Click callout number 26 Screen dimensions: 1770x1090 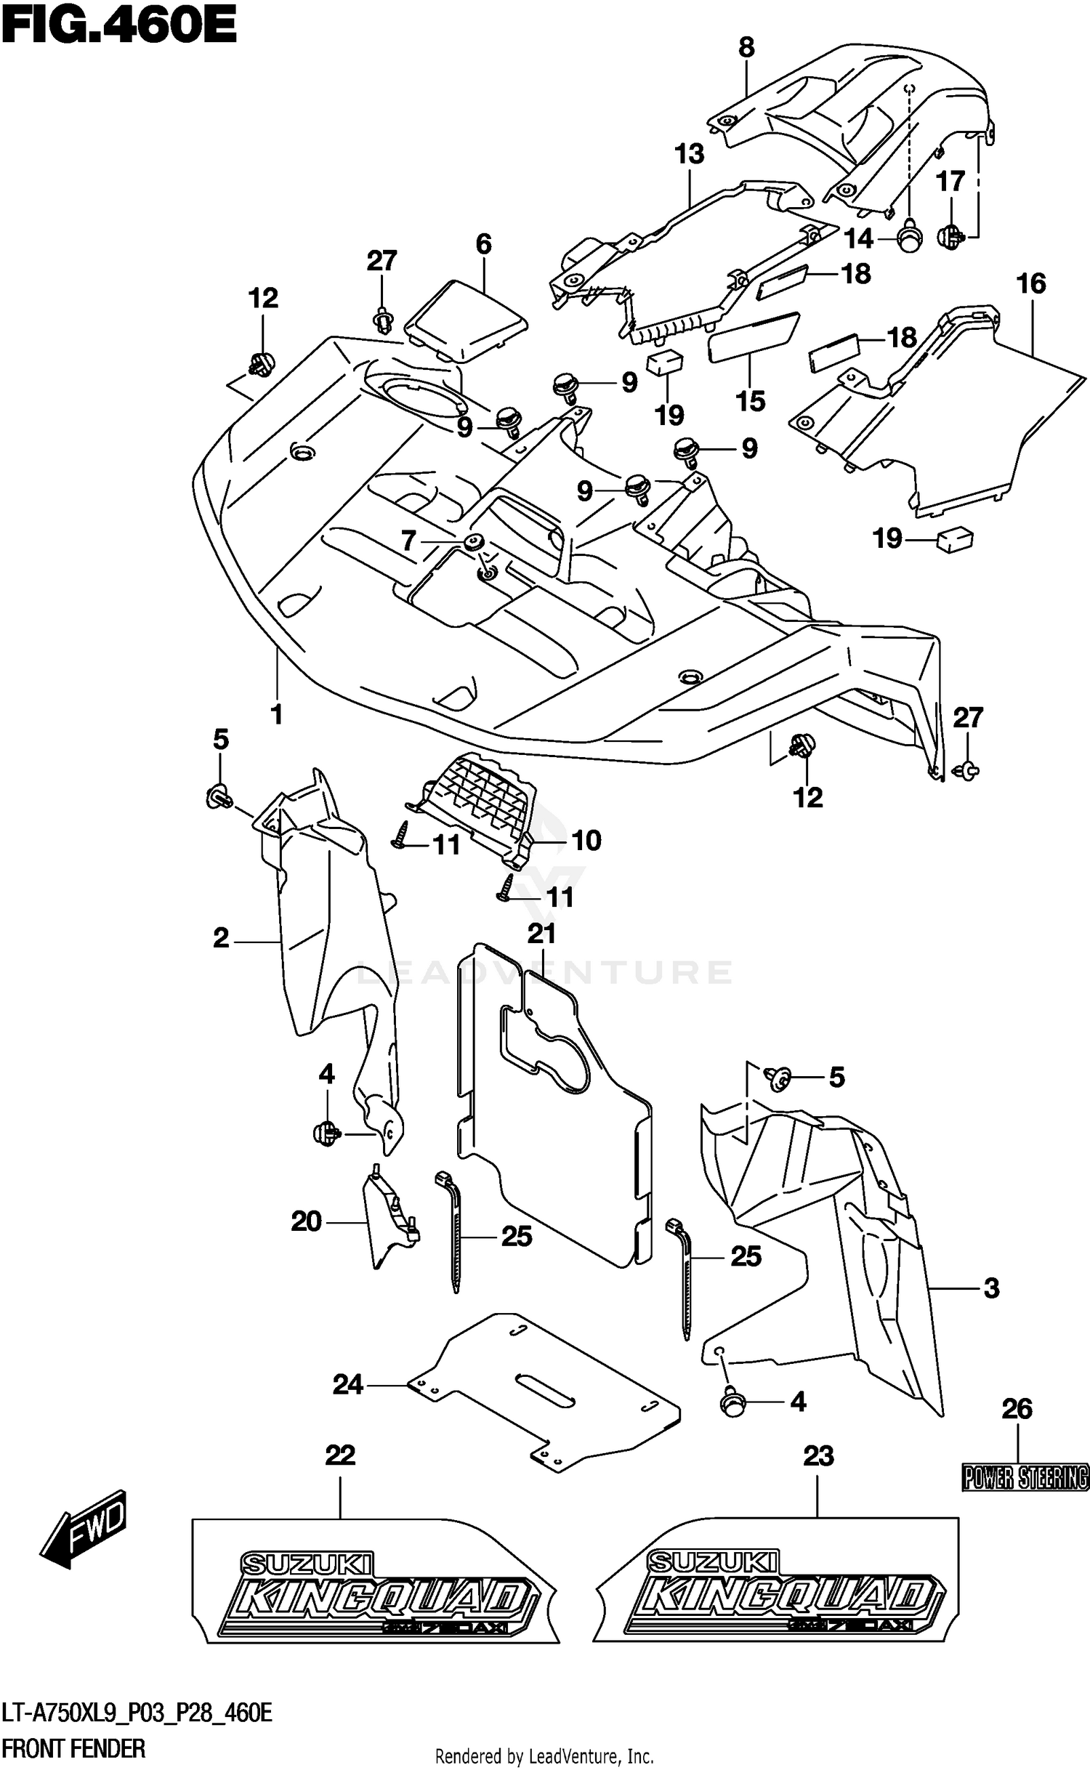pyautogui.click(x=1017, y=1409)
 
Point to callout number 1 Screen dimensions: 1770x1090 pyautogui.click(x=277, y=714)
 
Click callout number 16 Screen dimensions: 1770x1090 pyautogui.click(x=1030, y=283)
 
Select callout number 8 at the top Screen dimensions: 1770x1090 pyautogui.click(x=746, y=48)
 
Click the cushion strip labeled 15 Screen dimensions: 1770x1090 pyautogui.click(x=754, y=336)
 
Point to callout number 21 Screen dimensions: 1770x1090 pyautogui.click(x=541, y=933)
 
